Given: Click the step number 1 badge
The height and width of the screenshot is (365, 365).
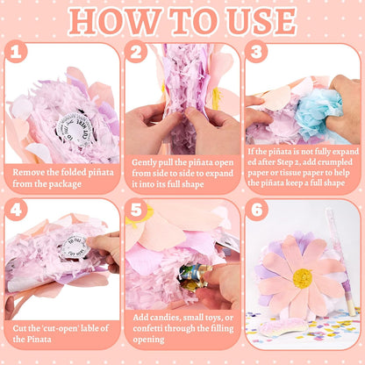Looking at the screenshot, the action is pyautogui.click(x=16, y=52).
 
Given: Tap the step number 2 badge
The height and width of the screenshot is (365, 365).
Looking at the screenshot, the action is pyautogui.click(x=136, y=52).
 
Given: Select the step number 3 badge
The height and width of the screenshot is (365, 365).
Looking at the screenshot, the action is pyautogui.click(x=256, y=52).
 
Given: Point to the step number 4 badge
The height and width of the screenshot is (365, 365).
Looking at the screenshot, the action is pyautogui.click(x=16, y=210).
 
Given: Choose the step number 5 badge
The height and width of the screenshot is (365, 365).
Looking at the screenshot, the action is pyautogui.click(x=136, y=210).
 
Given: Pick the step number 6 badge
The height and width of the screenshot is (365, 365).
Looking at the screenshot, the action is pyautogui.click(x=256, y=210).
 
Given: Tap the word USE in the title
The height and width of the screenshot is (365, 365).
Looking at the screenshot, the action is pyautogui.click(x=262, y=21).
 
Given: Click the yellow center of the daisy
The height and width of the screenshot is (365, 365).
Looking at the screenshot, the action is pyautogui.click(x=302, y=278).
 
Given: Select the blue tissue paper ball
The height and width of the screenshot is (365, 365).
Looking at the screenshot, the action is pyautogui.click(x=318, y=112).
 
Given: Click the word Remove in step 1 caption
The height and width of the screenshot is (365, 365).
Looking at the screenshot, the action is pyautogui.click(x=29, y=172).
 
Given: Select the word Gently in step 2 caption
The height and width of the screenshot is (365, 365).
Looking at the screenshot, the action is pyautogui.click(x=144, y=162).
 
